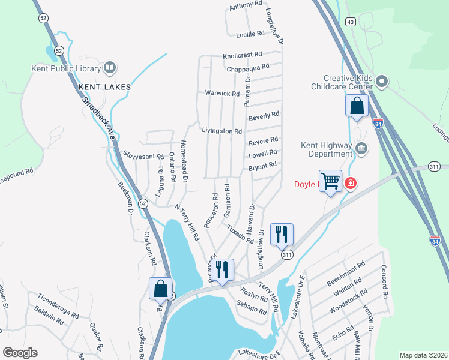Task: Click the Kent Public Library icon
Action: click(x=110, y=68)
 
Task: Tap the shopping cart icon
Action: click(x=330, y=181)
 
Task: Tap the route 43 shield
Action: click(x=351, y=22)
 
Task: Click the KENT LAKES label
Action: click(x=104, y=87)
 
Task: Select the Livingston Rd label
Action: click(x=221, y=131)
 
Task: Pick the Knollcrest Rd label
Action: click(x=243, y=55)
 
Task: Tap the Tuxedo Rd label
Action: click(x=240, y=233)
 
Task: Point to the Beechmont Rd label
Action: click(x=346, y=273)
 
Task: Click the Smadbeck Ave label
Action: click(x=98, y=115)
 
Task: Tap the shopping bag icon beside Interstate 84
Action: click(x=357, y=106)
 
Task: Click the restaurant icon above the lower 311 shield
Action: click(x=282, y=233)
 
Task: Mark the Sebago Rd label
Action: click(x=252, y=308)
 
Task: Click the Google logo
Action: click(x=20, y=353)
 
